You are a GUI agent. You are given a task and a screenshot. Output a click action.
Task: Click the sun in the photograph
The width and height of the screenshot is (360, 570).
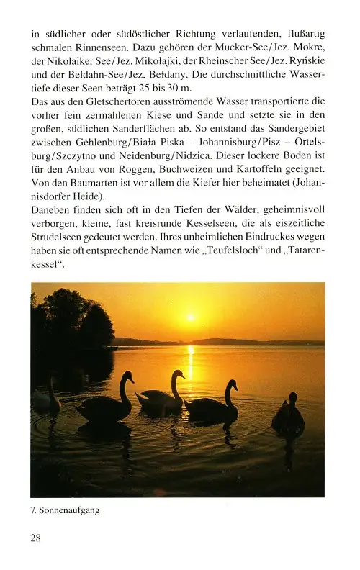pyautogui.click(x=191, y=317)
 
